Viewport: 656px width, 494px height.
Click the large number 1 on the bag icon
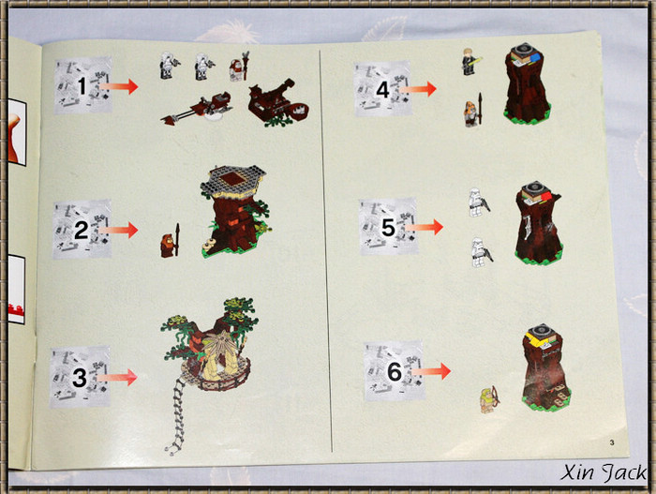pos(82,86)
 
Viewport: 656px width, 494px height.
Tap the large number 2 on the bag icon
pos(82,230)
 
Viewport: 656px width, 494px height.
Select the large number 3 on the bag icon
pos(79,377)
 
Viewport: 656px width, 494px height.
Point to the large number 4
pos(382,90)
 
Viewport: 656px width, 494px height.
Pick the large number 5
pos(388,228)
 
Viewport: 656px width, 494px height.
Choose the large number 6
pos(395,371)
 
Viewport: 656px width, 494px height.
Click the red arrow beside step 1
pos(119,86)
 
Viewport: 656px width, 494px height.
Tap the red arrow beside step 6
pos(431,371)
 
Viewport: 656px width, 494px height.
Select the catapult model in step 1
pos(277,102)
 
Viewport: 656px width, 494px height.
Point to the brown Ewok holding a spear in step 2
pos(171,242)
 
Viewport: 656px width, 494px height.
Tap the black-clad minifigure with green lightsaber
pos(470,62)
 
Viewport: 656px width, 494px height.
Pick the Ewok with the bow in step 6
pos(488,399)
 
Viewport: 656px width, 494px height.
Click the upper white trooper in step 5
pos(478,202)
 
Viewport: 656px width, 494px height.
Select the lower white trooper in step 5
pos(481,252)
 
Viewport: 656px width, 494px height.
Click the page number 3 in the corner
pos(612,442)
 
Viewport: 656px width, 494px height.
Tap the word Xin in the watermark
pos(576,472)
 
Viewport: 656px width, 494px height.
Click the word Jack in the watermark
pos(624,473)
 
